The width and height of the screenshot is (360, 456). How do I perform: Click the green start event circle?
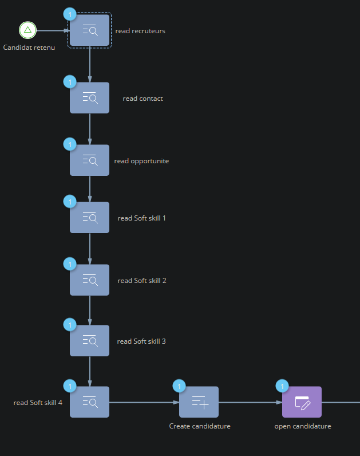tap(27, 30)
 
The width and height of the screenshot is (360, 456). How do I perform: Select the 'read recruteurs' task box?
tap(89, 30)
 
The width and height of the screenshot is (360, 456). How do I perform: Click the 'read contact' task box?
tap(89, 98)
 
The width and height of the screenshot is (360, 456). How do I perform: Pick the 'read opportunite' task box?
tap(89, 160)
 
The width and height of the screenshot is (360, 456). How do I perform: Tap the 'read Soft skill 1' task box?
tap(89, 218)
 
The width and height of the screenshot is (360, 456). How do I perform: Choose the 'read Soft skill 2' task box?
tap(89, 280)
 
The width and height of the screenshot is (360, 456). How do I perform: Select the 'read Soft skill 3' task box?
tap(89, 341)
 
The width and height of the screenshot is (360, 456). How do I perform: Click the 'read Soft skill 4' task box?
tap(89, 402)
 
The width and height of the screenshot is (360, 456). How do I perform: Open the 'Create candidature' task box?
tap(199, 402)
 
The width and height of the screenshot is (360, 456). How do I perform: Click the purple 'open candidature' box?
tap(302, 402)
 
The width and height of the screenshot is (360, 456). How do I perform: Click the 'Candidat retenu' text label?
tap(29, 48)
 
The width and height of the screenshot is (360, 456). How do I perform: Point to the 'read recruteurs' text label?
tap(140, 31)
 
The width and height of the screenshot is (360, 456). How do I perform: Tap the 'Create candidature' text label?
tap(200, 426)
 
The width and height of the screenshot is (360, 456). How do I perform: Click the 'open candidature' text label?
tap(302, 426)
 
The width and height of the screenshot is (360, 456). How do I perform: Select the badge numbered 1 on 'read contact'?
tap(70, 82)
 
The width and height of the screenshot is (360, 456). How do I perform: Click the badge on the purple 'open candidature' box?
tap(282, 386)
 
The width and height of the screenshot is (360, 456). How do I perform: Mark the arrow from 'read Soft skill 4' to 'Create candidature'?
tap(144, 402)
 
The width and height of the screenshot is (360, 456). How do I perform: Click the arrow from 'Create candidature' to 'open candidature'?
tap(250, 402)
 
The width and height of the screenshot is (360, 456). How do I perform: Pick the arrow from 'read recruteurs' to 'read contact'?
tap(90, 64)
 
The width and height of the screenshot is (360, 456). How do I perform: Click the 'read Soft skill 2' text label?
tap(141, 281)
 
